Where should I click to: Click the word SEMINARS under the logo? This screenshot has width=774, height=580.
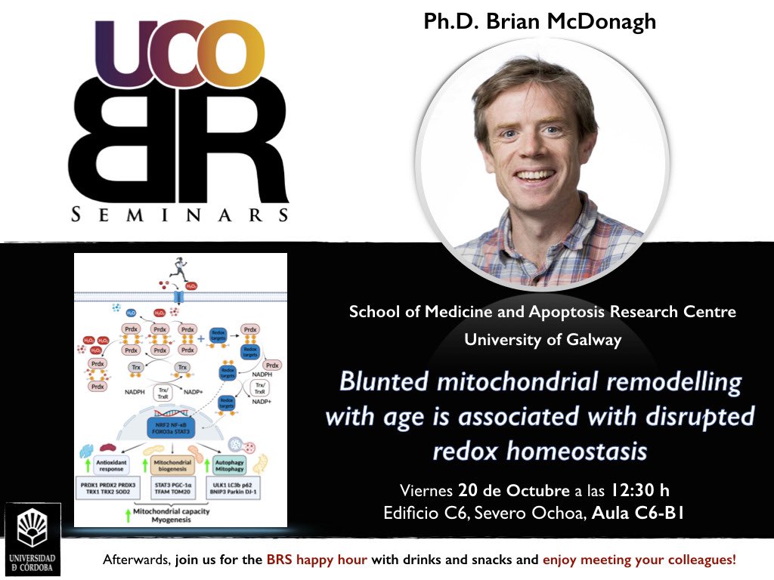pyautogui.click(x=180, y=215)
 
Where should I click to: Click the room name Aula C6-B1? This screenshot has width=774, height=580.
pyautogui.click(x=639, y=514)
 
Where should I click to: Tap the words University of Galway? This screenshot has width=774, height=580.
pyautogui.click(x=542, y=340)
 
